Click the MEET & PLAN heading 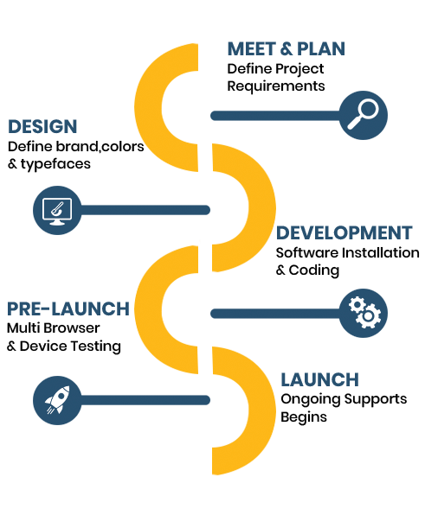coord(287,49)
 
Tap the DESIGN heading coord(42,126)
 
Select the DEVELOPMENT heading coord(345,232)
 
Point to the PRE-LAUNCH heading coord(68,309)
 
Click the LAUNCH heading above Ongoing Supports coord(319,380)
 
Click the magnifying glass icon coord(364,115)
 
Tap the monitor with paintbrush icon coord(57,210)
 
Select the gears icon coord(364,313)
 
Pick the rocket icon coord(57,400)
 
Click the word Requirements coord(276,86)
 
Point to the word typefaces coord(55,164)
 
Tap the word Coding coord(314,270)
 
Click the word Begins coord(304,417)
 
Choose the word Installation coord(381,253)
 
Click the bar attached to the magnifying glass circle coord(276,116)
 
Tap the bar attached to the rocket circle coord(145,400)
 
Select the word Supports coord(376,399)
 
